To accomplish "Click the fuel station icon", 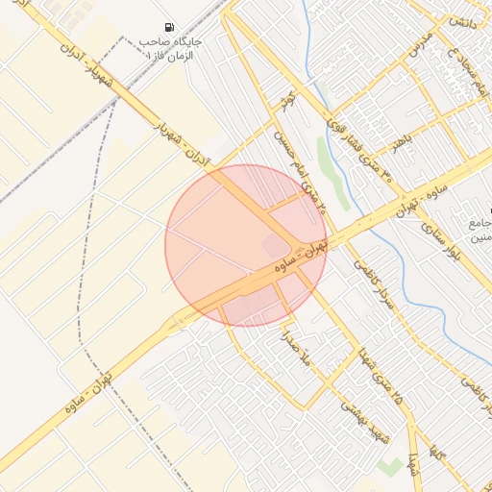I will [170, 28].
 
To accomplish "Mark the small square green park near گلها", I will [389, 466].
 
